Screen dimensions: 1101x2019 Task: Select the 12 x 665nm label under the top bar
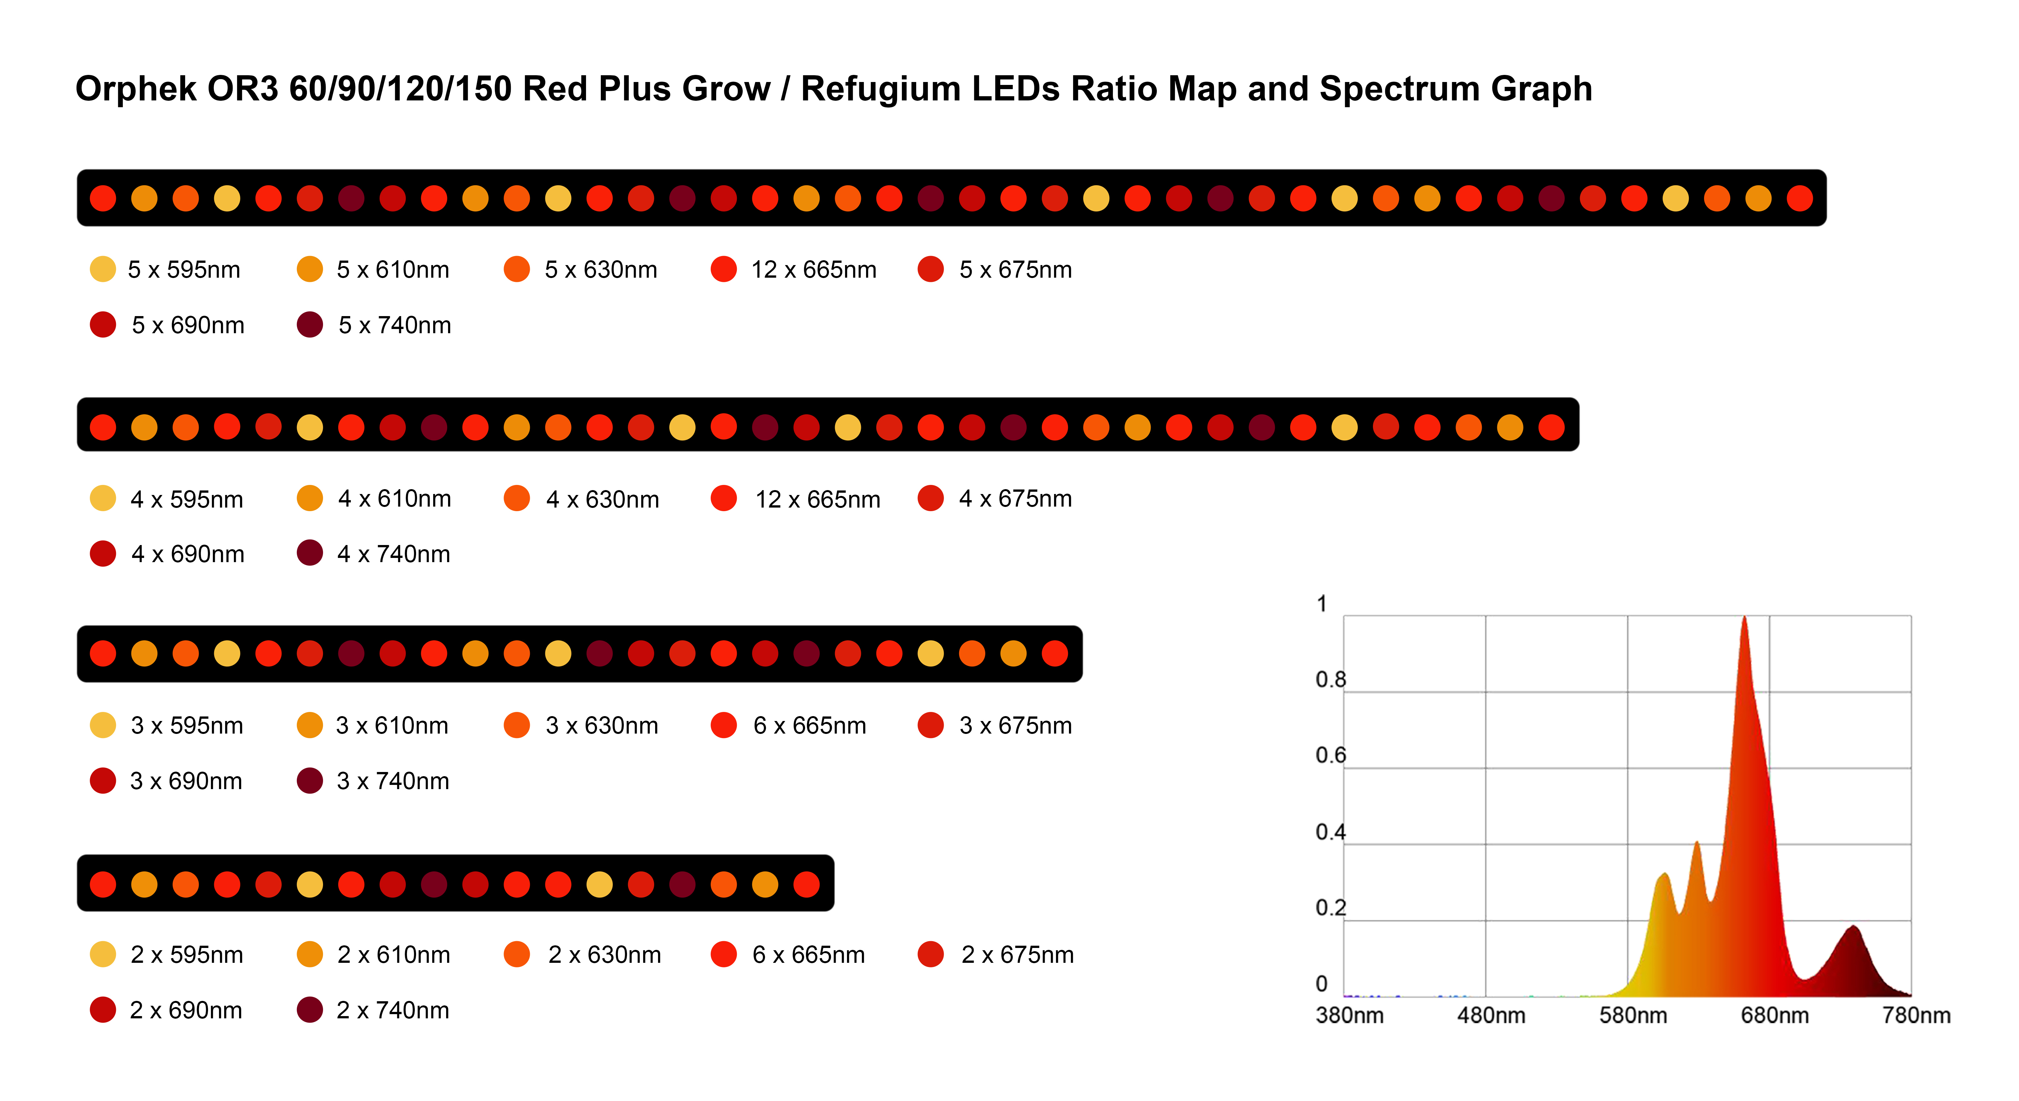813,270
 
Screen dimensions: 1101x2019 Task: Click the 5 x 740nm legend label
394,325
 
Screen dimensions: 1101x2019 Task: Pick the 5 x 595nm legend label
183,270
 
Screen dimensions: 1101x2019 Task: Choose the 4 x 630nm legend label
602,499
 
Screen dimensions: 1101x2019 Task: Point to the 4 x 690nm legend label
187,554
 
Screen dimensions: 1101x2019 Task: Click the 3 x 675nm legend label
1015,725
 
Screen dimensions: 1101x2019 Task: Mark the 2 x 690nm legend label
186,1010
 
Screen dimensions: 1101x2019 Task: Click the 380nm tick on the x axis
1349,1015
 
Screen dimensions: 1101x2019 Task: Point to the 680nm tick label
1774,1015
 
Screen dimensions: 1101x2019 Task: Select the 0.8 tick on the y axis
1330,679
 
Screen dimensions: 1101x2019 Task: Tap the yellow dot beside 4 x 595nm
103,499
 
